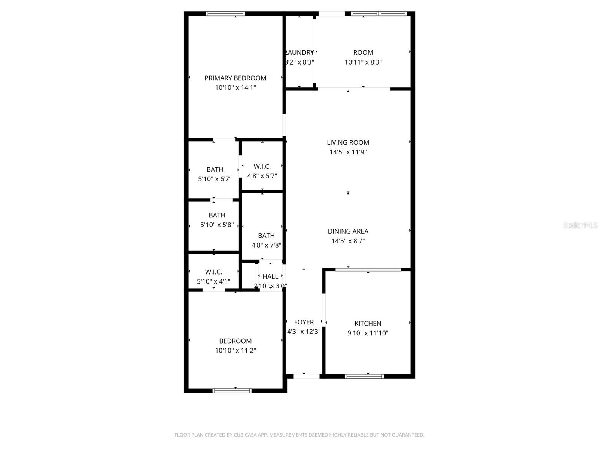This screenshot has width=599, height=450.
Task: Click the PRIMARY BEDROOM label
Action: point(235,78)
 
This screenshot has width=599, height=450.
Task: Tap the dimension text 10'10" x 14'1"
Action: point(235,88)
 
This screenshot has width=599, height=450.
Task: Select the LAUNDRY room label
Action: point(299,52)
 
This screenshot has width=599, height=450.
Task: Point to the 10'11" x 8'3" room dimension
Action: point(363,62)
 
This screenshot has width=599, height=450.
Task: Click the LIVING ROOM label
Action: point(348,142)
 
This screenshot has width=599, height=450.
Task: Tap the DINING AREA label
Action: point(348,231)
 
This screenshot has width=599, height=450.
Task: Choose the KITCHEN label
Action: point(368,323)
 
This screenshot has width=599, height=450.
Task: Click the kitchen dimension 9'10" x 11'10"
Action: point(368,333)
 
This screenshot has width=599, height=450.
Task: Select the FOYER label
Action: point(304,322)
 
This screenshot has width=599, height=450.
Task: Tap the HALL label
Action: point(270,276)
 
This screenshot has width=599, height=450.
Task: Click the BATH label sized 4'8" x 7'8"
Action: point(266,235)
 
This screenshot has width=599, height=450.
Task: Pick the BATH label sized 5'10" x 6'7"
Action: point(215,169)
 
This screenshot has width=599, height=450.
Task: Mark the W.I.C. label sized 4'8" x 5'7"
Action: point(262,166)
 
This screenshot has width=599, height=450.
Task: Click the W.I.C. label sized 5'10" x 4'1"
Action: point(213,272)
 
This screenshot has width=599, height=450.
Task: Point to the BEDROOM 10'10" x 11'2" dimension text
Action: point(235,351)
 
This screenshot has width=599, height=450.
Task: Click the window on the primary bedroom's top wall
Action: point(225,14)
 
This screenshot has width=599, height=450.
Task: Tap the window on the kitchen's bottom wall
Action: point(364,376)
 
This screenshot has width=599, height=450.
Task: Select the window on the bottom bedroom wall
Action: point(232,390)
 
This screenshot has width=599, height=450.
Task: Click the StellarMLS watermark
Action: point(580,225)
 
